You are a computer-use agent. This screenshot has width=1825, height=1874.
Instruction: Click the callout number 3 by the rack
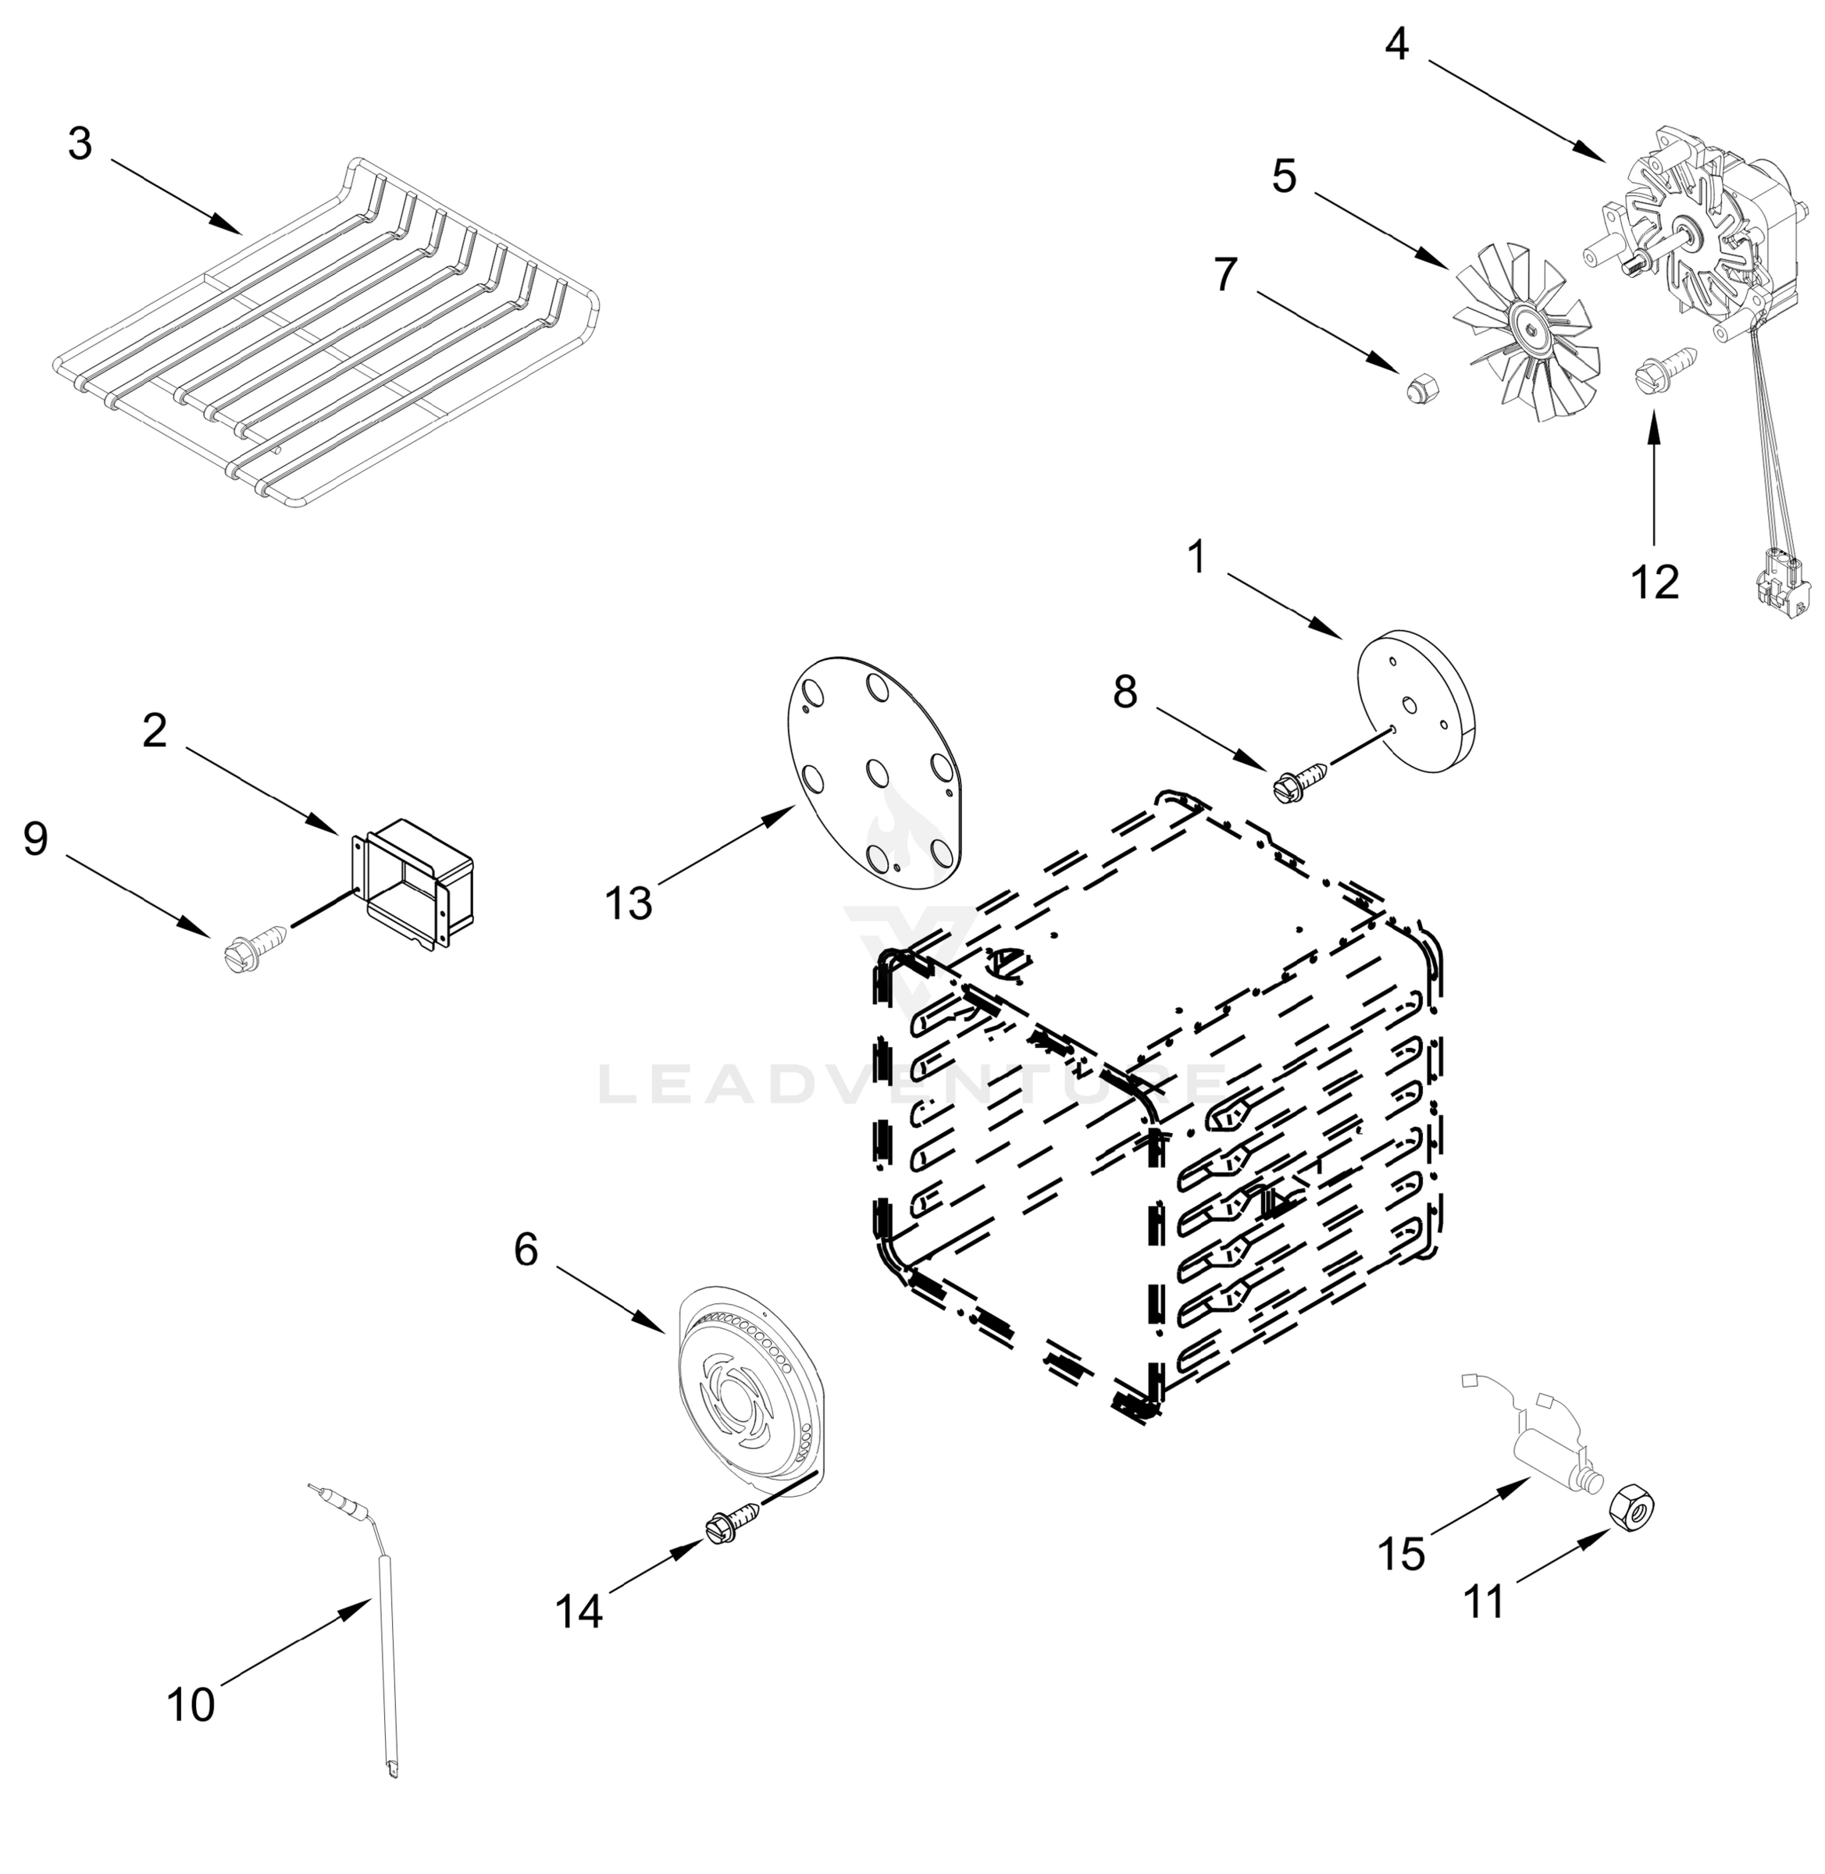point(80,144)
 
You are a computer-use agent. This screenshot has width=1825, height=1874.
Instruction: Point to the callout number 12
point(1656,582)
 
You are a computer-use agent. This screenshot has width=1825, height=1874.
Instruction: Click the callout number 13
point(629,903)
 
